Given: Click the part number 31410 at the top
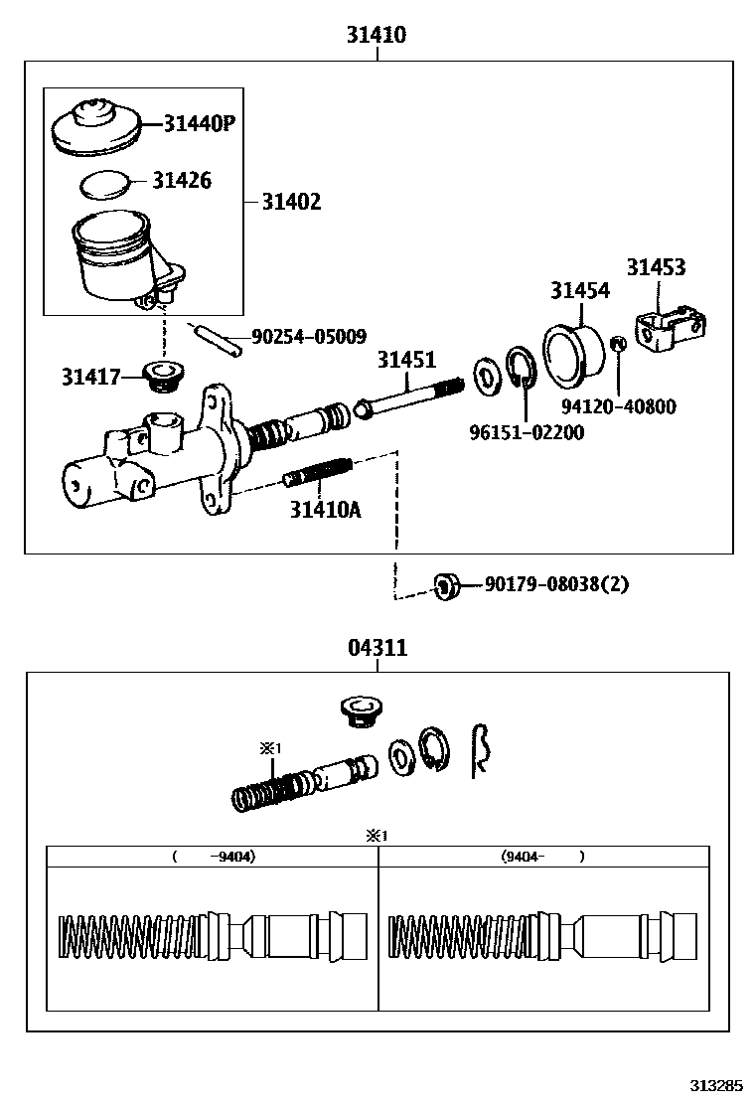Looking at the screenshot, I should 377,35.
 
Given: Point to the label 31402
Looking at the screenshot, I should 291,202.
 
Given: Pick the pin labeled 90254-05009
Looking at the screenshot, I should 218,338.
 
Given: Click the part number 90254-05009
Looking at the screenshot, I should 309,337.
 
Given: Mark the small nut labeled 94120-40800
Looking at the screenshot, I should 616,344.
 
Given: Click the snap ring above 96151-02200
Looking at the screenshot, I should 522,369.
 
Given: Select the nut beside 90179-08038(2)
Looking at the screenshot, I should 447,585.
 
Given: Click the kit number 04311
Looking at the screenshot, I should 377,648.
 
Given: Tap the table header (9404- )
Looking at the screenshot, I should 542,856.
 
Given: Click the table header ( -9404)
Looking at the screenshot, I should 213,856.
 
